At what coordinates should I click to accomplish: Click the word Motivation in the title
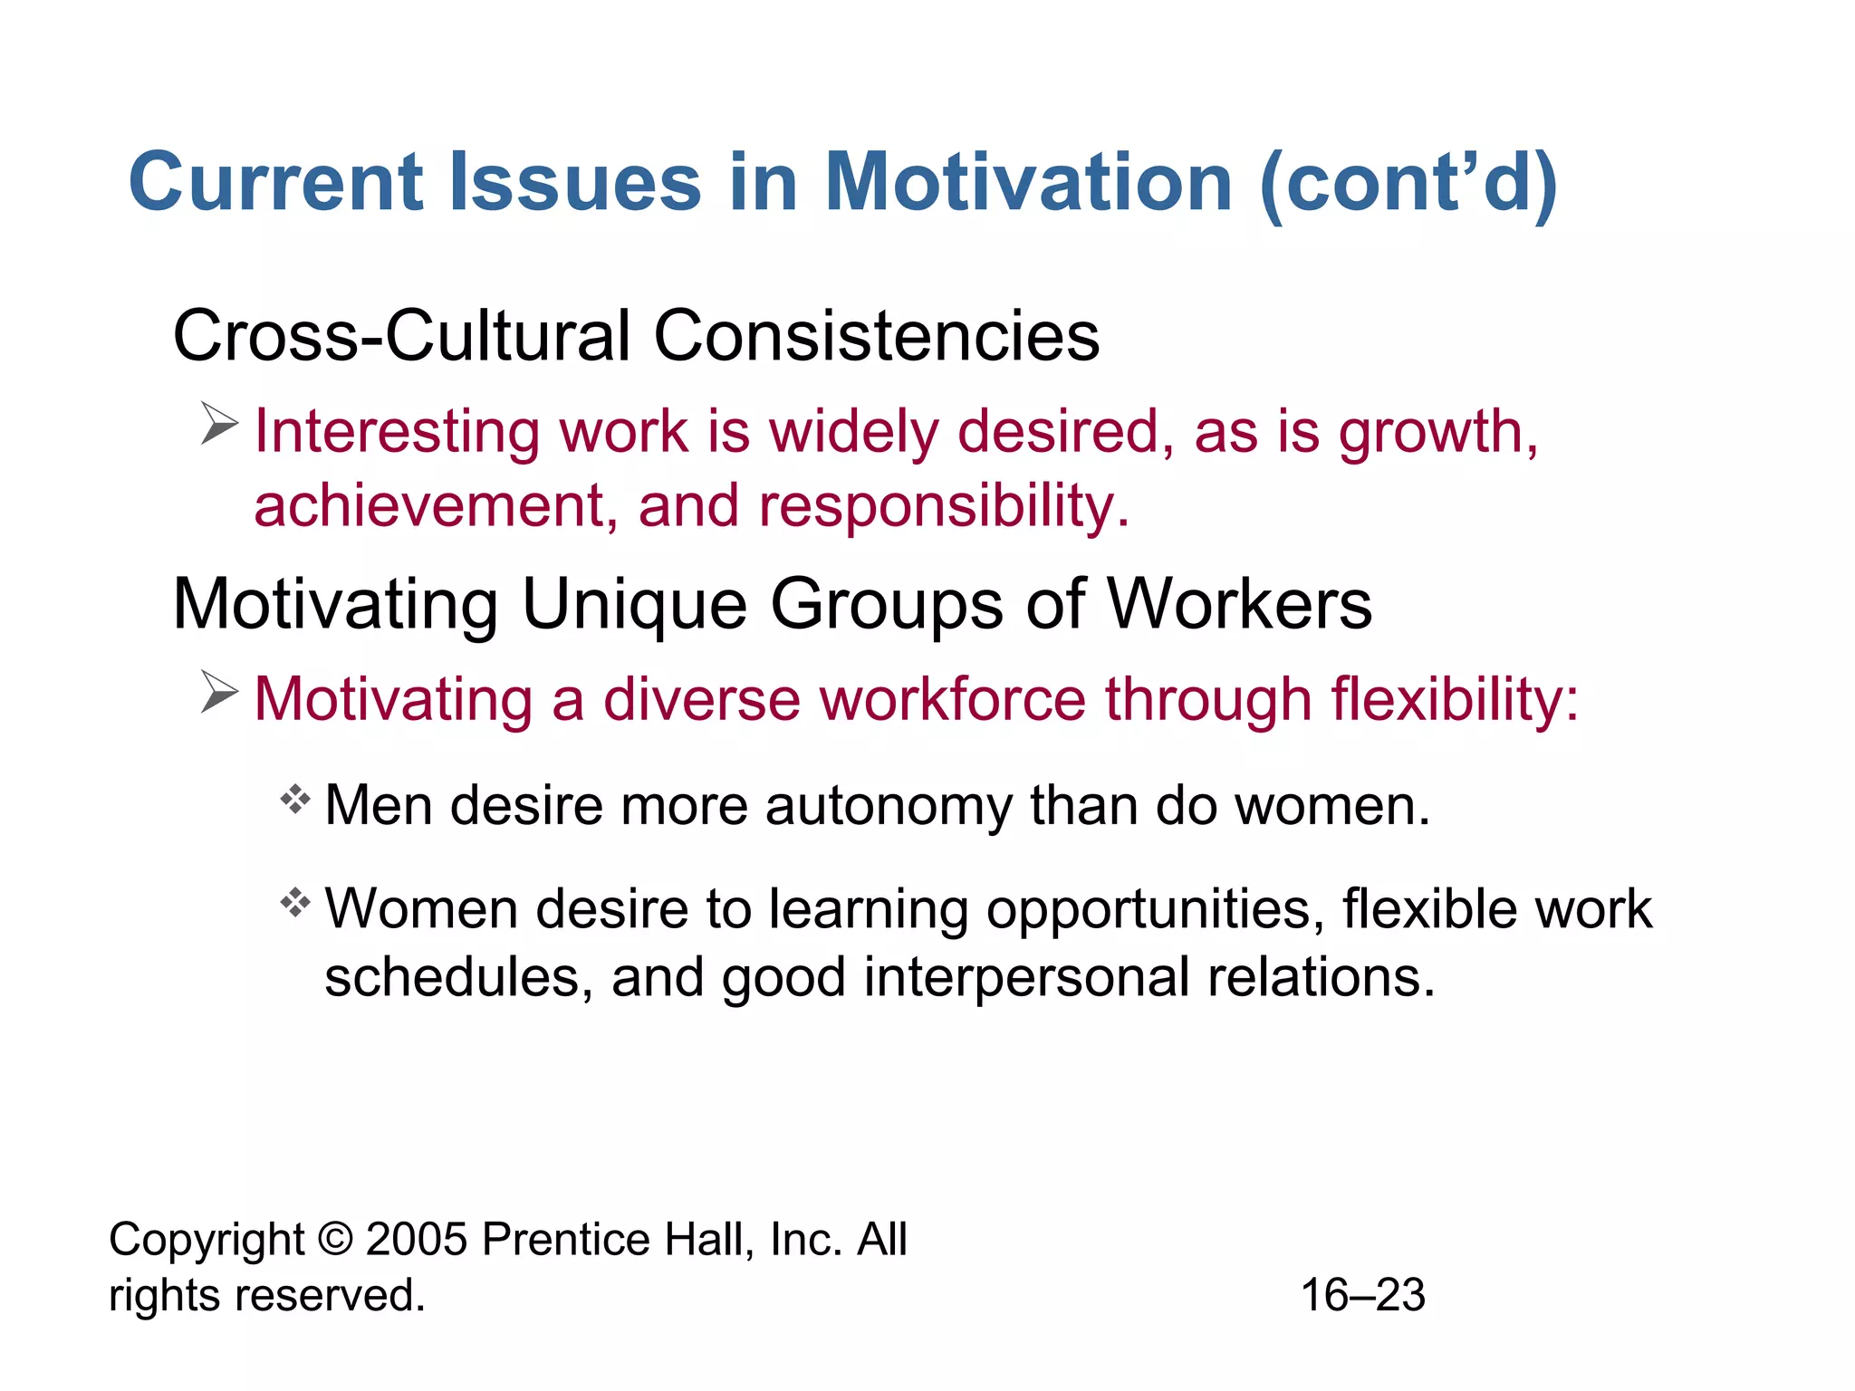1028,183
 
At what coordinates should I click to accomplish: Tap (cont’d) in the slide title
1408,185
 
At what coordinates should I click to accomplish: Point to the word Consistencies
876,336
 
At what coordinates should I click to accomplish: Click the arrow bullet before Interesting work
219,424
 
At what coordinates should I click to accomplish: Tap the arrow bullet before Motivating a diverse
219,692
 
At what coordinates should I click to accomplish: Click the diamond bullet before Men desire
295,800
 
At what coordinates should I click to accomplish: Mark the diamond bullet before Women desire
295,903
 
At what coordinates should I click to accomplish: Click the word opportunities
1149,910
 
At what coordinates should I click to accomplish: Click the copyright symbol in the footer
335,1239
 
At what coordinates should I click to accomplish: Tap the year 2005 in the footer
417,1239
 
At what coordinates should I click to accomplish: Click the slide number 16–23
1363,1295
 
